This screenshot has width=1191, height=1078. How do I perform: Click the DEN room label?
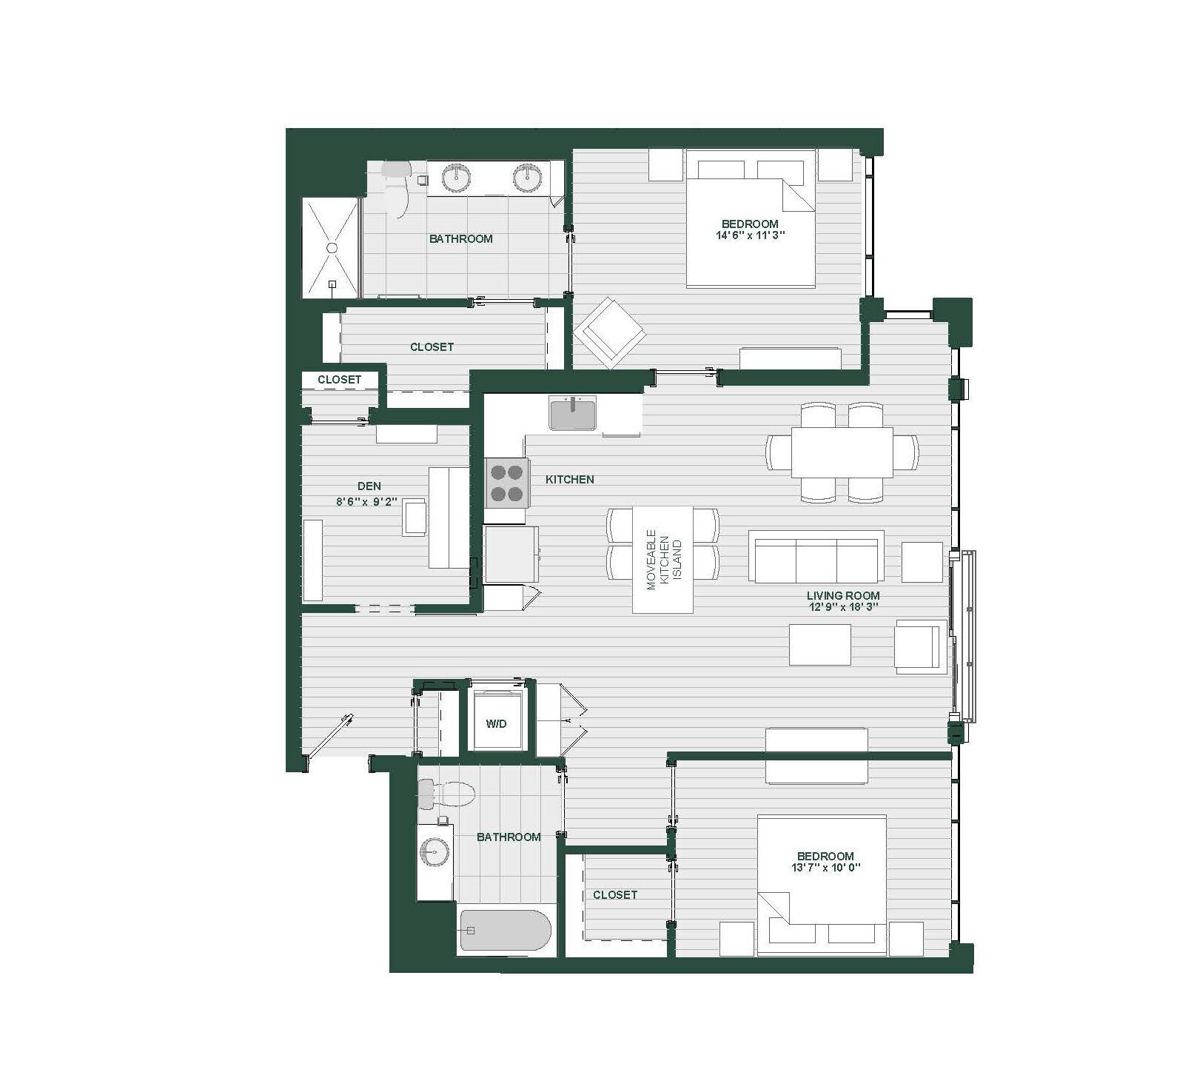click(369, 486)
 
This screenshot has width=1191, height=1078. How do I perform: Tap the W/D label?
click(496, 723)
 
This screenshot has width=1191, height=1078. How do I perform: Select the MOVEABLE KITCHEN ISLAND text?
click(662, 559)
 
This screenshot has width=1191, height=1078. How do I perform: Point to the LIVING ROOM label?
click(842, 595)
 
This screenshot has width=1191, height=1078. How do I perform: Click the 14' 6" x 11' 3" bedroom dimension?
click(749, 236)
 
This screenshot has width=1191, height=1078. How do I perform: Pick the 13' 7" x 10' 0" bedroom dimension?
click(826, 868)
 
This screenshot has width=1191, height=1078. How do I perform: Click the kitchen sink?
click(572, 413)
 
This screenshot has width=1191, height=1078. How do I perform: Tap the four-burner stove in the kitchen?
click(507, 483)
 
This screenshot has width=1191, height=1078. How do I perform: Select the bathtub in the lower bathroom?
click(506, 931)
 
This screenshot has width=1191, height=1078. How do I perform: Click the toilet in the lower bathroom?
click(446, 795)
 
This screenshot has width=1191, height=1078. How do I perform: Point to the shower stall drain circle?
click(332, 248)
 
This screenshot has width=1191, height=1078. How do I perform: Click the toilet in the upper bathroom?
click(397, 189)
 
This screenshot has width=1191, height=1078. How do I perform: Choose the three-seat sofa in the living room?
click(816, 557)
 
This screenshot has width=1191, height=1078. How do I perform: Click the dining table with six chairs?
click(842, 452)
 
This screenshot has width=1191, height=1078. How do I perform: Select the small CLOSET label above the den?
click(339, 380)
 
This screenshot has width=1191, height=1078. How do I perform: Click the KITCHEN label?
click(569, 480)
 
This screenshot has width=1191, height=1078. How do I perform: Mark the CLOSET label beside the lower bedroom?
click(614, 895)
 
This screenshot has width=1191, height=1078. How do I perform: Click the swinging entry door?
click(329, 737)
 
